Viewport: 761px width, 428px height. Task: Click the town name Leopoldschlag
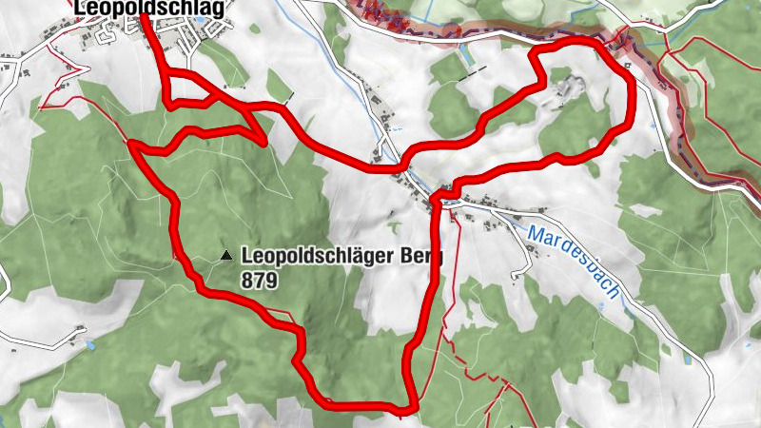pos(149,9)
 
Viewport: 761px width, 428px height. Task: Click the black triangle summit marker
pos(226,255)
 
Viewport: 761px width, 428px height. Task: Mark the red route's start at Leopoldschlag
pos(144,18)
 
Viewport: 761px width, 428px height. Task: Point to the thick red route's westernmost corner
pos(131,146)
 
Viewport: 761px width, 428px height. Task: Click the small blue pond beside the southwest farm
pos(88,340)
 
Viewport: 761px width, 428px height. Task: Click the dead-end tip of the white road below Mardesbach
pos(515,277)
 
